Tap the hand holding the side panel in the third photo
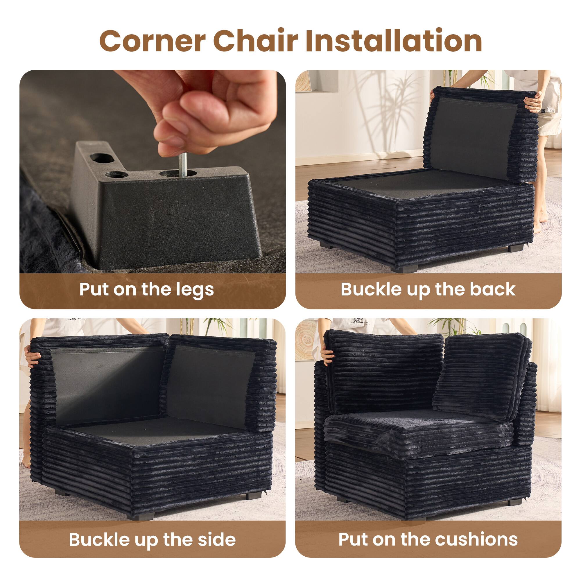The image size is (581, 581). click(x=33, y=358)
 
